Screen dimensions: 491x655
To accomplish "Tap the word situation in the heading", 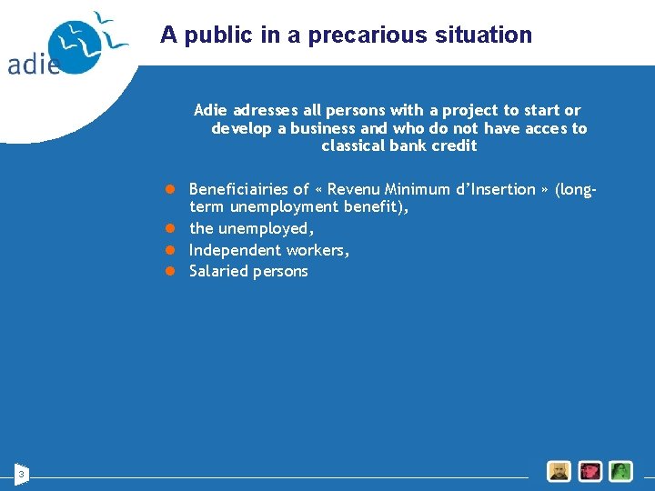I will click(x=488, y=35).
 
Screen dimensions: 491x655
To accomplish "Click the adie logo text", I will click(x=34, y=63).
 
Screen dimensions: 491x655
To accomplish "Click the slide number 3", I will click(x=22, y=473).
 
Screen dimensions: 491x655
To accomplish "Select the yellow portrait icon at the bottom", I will click(x=559, y=471).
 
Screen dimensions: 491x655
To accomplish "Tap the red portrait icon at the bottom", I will click(x=590, y=471).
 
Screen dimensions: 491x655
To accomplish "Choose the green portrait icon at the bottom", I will click(x=621, y=471).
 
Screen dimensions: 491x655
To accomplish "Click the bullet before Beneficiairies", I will click(x=169, y=189).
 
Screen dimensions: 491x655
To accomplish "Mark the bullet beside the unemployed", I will click(x=169, y=229).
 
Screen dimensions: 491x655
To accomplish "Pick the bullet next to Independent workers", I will click(x=169, y=250).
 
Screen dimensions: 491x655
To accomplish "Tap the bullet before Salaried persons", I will click(x=169, y=271).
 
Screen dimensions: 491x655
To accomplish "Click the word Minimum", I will click(x=415, y=189).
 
